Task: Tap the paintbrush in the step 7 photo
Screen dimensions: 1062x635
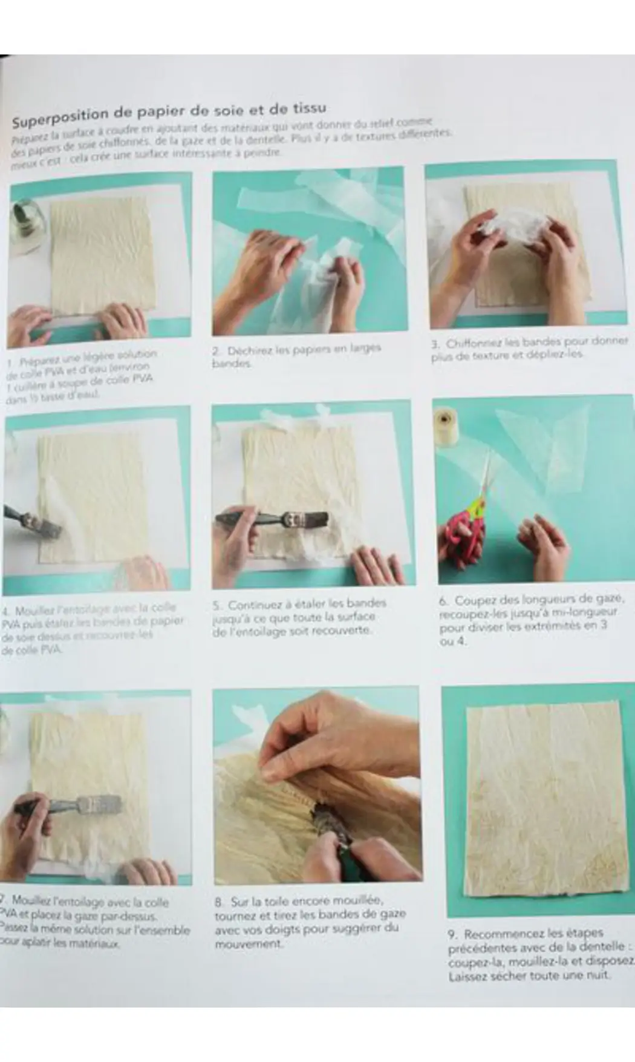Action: point(73,807)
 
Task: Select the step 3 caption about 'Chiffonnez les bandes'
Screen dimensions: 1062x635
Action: point(529,349)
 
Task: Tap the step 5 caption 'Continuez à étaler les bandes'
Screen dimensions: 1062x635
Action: point(299,617)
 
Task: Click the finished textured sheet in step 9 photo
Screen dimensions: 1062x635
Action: point(538,799)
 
